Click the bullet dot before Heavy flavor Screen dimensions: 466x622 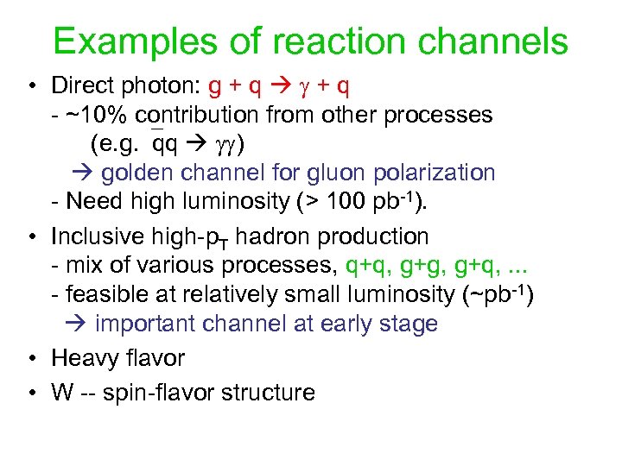pyautogui.click(x=30, y=357)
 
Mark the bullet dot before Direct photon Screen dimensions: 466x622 pyautogui.click(x=30, y=86)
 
